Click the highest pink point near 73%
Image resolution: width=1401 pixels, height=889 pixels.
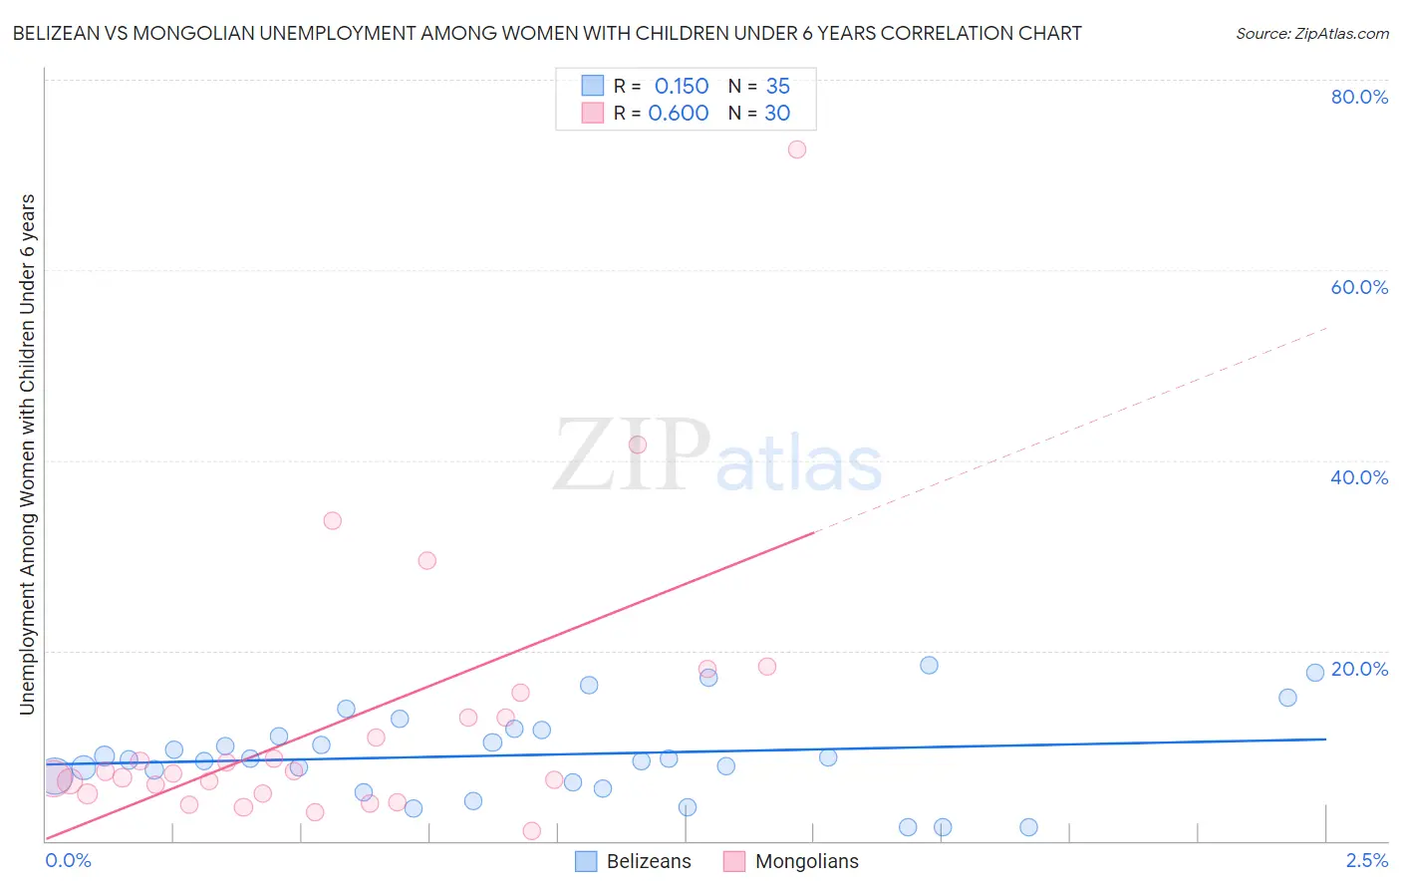click(796, 149)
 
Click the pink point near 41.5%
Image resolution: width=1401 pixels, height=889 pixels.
click(638, 444)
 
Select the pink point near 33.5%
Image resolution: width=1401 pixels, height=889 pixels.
click(333, 520)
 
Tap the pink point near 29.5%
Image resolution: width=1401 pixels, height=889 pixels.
click(427, 560)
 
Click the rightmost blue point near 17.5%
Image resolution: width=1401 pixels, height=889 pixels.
click(1315, 673)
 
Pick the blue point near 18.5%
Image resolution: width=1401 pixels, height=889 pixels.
click(929, 665)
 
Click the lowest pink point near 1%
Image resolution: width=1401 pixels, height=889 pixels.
click(532, 830)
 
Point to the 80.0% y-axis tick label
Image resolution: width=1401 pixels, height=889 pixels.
click(1359, 97)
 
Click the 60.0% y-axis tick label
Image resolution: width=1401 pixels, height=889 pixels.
click(1359, 287)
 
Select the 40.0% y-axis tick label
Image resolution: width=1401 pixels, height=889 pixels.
click(1359, 477)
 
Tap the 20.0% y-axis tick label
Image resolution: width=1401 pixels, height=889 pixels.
click(1359, 669)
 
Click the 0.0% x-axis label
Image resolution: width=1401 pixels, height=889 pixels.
click(68, 860)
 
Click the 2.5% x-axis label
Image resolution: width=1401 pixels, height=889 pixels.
click(1366, 860)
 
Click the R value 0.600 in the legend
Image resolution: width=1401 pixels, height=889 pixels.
click(679, 114)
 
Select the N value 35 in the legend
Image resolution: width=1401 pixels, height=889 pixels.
click(777, 87)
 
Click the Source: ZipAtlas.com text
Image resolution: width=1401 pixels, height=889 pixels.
click(1311, 34)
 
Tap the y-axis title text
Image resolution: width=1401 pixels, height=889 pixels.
click(28, 454)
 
